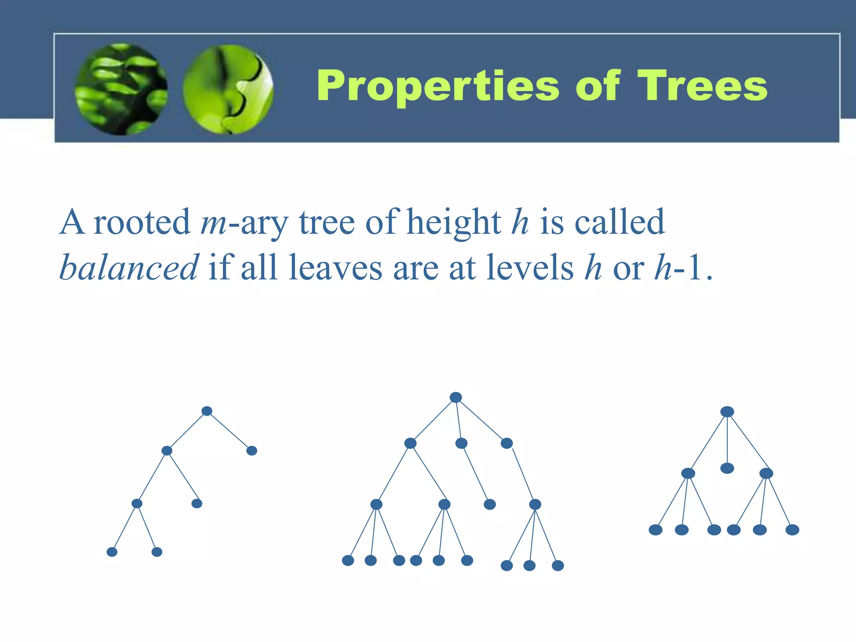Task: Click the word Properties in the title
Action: tap(438, 87)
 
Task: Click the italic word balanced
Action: tap(129, 267)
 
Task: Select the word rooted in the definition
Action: tap(142, 222)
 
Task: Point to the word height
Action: tap(453, 222)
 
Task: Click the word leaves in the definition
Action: tap(336, 267)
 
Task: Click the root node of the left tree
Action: tap(207, 411)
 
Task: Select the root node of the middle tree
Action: tap(456, 397)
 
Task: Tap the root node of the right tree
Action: tap(727, 412)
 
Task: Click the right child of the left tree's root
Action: tap(252, 451)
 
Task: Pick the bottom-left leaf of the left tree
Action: tap(112, 552)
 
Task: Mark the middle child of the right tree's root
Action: tap(727, 468)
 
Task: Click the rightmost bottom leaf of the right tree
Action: tap(792, 530)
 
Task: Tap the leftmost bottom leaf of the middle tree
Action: tap(348, 560)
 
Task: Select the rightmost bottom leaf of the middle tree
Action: tap(558, 566)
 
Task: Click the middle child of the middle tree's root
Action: tap(461, 443)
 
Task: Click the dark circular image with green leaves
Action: tap(121, 89)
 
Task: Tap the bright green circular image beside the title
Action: tap(228, 89)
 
